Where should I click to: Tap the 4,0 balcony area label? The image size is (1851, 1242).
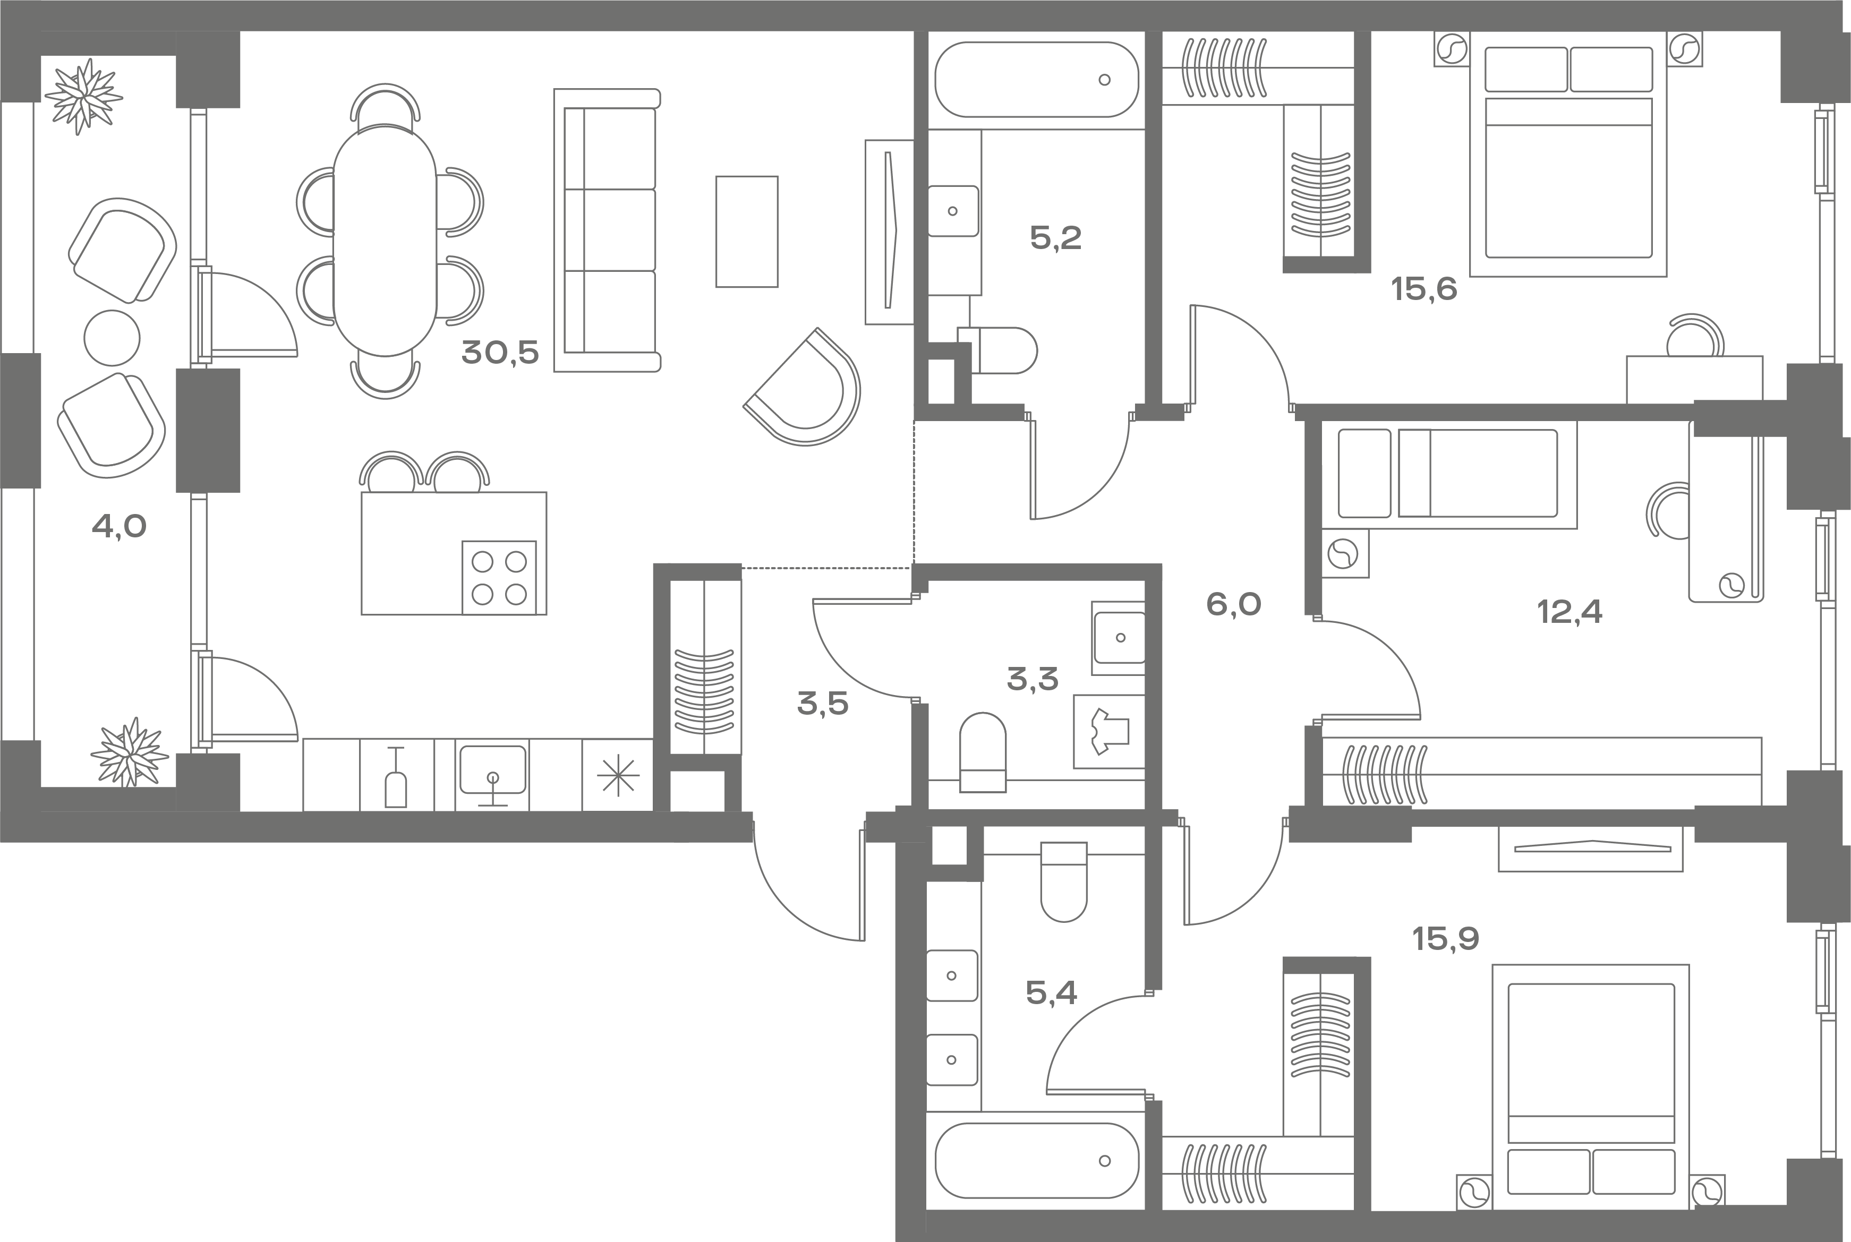tap(119, 525)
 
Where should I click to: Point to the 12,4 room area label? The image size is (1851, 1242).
tap(1569, 612)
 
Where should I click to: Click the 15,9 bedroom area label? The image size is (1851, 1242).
tap(1445, 939)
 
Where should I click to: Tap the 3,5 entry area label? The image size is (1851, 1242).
tap(823, 704)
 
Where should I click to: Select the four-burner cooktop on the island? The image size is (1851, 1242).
tap(499, 577)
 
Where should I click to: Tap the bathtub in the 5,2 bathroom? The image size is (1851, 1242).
tap(1036, 79)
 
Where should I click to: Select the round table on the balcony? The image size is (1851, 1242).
tap(112, 337)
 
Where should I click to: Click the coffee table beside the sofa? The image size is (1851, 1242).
tap(746, 232)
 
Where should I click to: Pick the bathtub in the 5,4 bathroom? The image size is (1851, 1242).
tap(1036, 1161)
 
